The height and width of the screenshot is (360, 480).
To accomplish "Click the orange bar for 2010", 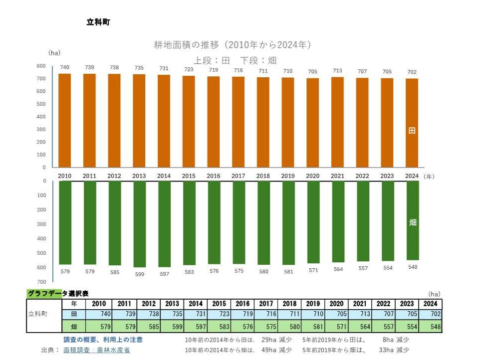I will pyautogui.click(x=64, y=120).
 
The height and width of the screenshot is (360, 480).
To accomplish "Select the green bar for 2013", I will pyautogui.click(x=139, y=224).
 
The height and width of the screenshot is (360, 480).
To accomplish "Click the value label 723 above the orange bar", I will pyautogui.click(x=189, y=70).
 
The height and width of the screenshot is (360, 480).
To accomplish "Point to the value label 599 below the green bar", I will pyautogui.click(x=139, y=274).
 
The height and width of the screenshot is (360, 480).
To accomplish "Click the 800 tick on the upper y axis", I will pyautogui.click(x=41, y=66).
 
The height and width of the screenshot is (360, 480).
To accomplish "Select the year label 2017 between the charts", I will pyautogui.click(x=238, y=176).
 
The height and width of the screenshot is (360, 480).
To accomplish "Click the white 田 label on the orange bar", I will pyautogui.click(x=412, y=131).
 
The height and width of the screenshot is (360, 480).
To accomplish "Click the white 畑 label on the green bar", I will pyautogui.click(x=413, y=222).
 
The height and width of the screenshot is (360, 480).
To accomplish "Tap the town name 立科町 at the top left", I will pyautogui.click(x=98, y=22).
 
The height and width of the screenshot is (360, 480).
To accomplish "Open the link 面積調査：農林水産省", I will pyautogui.click(x=96, y=350).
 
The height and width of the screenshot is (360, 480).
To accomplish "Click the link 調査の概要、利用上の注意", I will pyautogui.click(x=103, y=340).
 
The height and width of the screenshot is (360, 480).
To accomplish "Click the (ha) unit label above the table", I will pyautogui.click(x=435, y=294).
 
